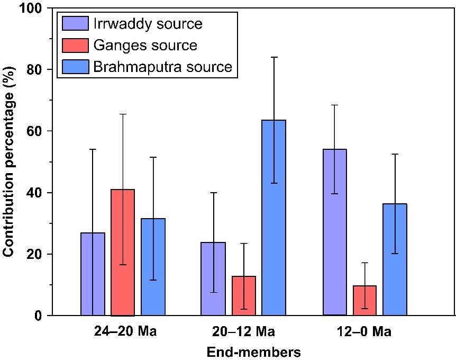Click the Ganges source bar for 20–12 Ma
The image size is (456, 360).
(243, 296)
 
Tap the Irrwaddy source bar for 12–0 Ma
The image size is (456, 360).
(335, 232)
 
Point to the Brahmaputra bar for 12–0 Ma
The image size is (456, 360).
(395, 259)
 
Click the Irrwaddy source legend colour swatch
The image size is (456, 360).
(75, 24)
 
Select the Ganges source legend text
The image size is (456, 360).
(145, 46)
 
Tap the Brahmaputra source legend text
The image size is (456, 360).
(162, 67)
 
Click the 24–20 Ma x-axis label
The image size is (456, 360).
(123, 332)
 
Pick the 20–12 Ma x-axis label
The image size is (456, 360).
(243, 332)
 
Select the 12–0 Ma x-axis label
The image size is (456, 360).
(365, 332)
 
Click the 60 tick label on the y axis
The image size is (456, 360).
(39, 131)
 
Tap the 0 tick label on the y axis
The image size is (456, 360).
(42, 316)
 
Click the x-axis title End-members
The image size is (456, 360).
(253, 352)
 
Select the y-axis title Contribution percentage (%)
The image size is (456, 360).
(9, 161)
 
